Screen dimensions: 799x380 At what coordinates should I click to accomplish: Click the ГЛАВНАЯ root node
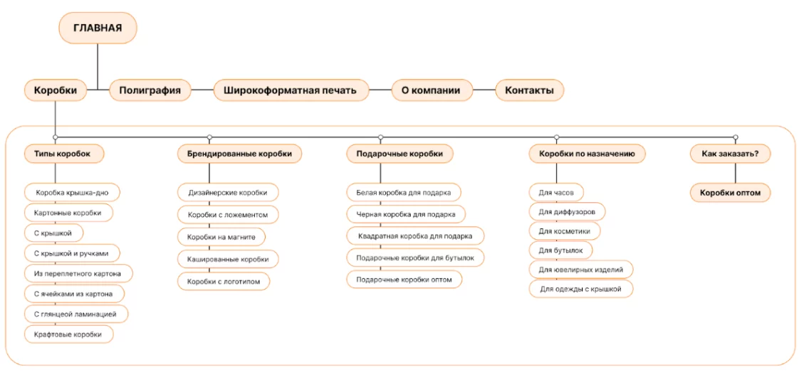click(98, 28)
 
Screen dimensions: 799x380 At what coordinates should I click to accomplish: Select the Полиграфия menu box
click(150, 90)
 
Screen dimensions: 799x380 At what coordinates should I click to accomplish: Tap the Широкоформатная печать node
click(291, 90)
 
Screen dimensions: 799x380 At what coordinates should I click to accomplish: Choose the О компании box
click(432, 90)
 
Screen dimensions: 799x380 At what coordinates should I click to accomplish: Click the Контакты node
click(529, 90)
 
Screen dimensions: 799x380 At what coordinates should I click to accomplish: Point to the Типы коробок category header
click(64, 154)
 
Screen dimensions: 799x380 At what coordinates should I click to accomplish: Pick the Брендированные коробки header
click(239, 154)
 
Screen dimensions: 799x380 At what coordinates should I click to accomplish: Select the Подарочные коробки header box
click(399, 154)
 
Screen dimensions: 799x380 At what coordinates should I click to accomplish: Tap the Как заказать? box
click(730, 154)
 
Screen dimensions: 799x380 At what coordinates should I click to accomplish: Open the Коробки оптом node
click(730, 193)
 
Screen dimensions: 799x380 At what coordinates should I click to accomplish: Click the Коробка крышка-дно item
click(73, 193)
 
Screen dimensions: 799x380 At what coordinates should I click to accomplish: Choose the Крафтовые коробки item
click(69, 334)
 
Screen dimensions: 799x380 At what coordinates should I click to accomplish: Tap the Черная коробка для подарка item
click(406, 214)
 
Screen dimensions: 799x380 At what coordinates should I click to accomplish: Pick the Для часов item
click(556, 193)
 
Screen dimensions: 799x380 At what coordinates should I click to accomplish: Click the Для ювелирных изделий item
click(581, 270)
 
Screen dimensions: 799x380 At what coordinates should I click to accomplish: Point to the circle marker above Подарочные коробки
click(381, 137)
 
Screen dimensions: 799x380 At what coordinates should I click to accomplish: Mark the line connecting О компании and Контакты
click(484, 90)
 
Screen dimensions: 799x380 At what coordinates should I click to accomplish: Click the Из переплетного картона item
click(78, 273)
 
